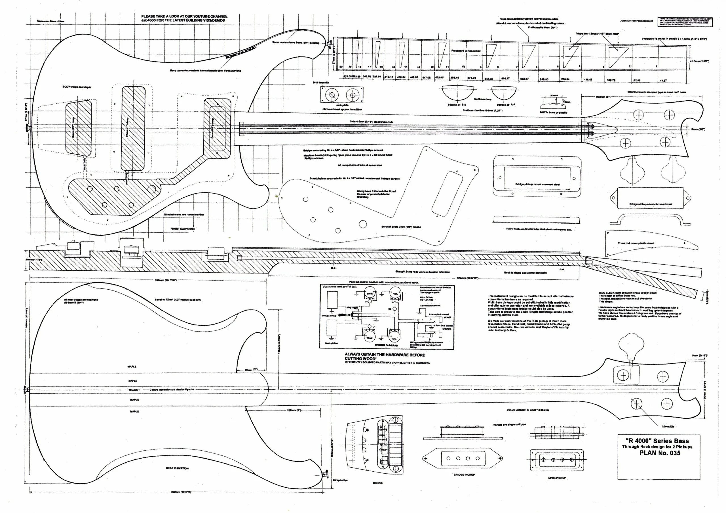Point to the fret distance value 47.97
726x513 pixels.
(662, 80)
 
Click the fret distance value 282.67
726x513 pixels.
(524, 79)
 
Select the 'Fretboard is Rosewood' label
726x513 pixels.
(465, 50)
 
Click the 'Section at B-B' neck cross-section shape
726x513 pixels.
(458, 93)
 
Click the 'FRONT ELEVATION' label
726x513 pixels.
(182, 228)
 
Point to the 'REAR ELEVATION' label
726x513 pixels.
(177, 468)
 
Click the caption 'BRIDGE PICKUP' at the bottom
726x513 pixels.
(464, 474)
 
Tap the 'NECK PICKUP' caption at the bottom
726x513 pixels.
(557, 478)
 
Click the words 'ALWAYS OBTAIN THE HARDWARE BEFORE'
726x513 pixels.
(385, 355)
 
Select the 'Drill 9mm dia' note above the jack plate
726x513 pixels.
(321, 82)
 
